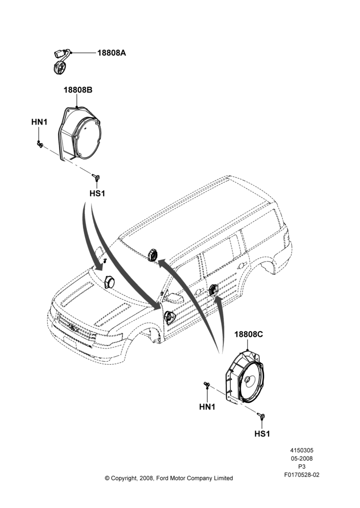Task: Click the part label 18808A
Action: tap(111, 53)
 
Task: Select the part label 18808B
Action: tap(78, 90)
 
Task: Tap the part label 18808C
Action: tap(249, 334)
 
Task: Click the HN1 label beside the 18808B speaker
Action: tap(39, 122)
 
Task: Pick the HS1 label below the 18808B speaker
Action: tap(97, 194)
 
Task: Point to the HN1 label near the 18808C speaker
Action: tap(207, 406)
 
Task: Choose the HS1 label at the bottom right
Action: tap(262, 433)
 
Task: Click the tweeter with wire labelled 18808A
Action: tap(62, 61)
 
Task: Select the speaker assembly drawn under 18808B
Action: tap(79, 134)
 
